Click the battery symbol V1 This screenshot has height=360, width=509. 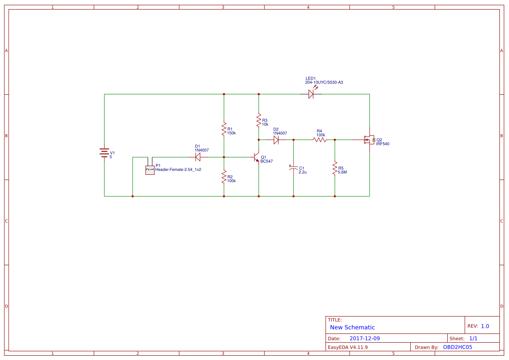click(104, 153)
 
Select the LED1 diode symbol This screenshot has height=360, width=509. click(311, 93)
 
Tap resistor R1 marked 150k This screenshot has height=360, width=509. click(224, 129)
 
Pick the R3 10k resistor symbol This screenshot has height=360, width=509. click(259, 120)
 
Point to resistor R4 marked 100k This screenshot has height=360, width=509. click(319, 140)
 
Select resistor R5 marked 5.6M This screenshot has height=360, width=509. click(335, 168)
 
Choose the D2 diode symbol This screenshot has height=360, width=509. click(276, 140)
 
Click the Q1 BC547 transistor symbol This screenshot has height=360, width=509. click(257, 157)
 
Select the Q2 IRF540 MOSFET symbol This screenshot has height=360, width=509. click(369, 140)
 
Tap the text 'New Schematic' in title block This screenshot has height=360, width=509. click(352, 327)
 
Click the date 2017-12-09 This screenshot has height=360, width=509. click(364, 338)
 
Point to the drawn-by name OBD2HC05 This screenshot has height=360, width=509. click(457, 347)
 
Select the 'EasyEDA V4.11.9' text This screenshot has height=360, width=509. click(347, 347)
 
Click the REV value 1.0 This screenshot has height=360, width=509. click(485, 326)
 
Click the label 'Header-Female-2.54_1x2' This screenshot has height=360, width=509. click(178, 170)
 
